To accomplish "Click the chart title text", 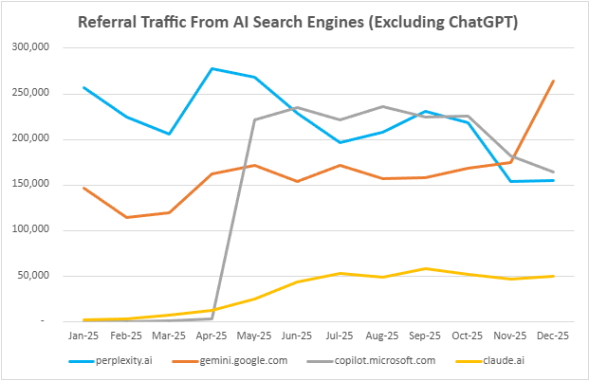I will (x=297, y=22).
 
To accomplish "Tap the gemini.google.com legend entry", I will (x=243, y=361).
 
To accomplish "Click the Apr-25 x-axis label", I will (x=212, y=336).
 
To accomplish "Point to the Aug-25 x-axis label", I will (x=382, y=336).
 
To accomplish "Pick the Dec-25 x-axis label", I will (x=553, y=336).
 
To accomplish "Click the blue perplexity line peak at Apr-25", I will (x=212, y=68).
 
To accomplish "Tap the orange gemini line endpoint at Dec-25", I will (x=553, y=81).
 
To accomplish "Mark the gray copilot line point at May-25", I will (x=254, y=119).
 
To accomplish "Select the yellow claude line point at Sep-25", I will (x=425, y=268).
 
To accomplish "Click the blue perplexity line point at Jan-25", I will (x=83, y=87).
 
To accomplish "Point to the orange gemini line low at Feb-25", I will (x=126, y=217).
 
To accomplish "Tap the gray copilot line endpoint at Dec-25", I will (x=553, y=172).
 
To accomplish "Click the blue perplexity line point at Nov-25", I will (x=510, y=181).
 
